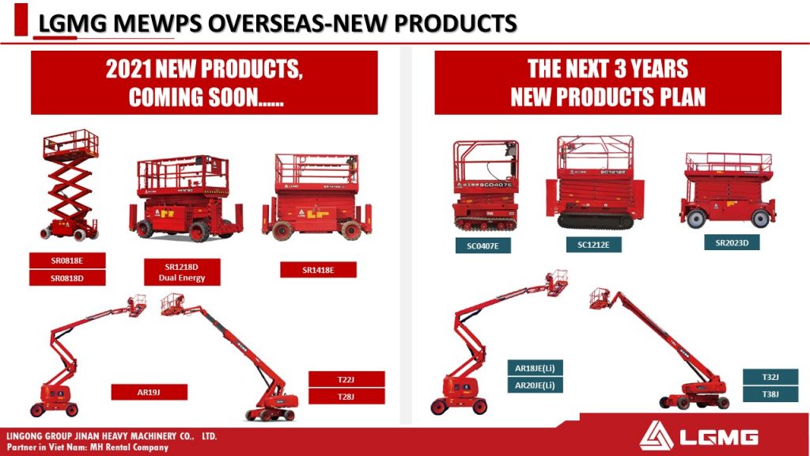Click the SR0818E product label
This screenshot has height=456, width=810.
(x=67, y=260)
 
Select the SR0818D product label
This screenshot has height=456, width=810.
(x=67, y=278)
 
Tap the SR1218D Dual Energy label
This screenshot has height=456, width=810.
(x=182, y=272)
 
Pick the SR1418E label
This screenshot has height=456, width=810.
(x=318, y=270)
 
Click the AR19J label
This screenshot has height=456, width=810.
(x=150, y=393)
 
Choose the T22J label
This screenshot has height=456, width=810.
(x=346, y=379)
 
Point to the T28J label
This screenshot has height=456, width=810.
(x=346, y=397)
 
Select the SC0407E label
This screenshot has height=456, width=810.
(x=483, y=245)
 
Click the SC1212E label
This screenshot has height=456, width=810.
(x=593, y=245)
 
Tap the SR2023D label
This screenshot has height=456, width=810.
(x=732, y=242)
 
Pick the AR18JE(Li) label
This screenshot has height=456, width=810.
(x=536, y=368)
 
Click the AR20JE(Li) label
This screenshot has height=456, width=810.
(x=536, y=386)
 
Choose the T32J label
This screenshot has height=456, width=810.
(x=770, y=377)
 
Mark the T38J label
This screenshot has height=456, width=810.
(x=770, y=394)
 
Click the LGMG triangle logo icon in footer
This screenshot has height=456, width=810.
(x=656, y=435)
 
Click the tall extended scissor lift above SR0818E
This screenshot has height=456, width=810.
(x=70, y=185)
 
